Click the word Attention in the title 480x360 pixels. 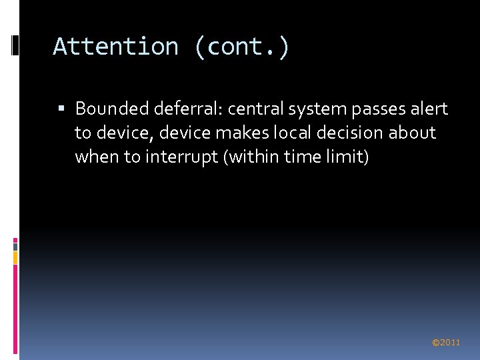click(115, 47)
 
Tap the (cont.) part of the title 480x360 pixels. click(242, 47)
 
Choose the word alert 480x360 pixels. click(428, 108)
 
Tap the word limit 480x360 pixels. click(349, 157)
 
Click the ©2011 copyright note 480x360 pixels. click(446, 343)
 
